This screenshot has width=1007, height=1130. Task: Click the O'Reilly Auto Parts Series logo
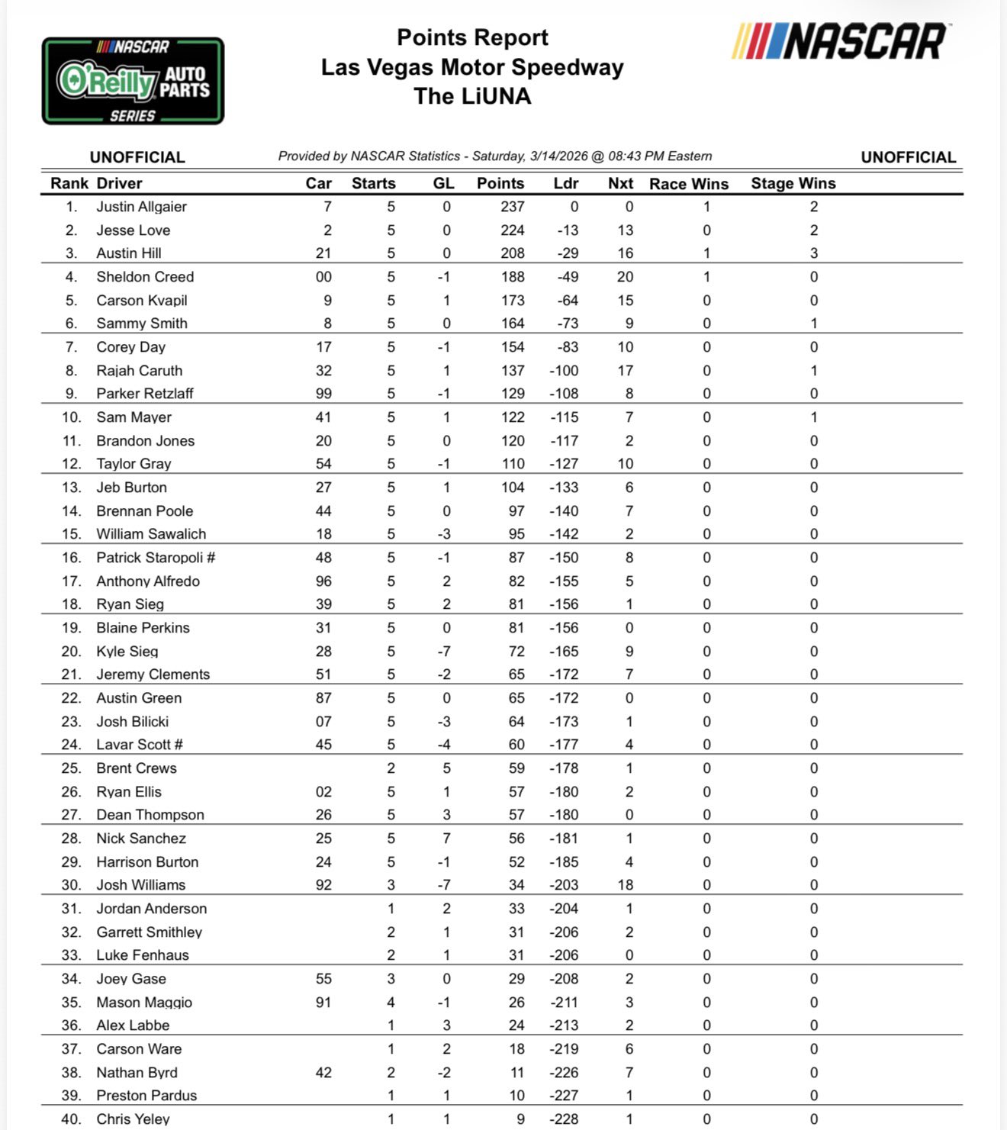133,81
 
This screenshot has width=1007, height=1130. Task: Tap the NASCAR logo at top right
839,41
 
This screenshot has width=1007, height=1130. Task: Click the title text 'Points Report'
472,37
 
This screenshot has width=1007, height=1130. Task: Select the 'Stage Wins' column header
793,183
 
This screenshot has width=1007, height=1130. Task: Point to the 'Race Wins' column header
688,184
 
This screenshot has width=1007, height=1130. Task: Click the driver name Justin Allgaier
141,207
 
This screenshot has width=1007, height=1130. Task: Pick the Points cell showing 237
512,207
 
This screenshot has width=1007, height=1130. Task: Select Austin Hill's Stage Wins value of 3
813,253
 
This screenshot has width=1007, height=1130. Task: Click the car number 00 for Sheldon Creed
323,277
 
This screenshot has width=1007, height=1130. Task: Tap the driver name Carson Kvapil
141,301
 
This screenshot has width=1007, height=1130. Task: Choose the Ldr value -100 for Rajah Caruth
564,371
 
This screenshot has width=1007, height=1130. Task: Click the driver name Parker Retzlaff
144,394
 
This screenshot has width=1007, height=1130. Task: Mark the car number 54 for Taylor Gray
323,464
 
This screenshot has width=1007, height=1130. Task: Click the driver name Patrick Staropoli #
155,558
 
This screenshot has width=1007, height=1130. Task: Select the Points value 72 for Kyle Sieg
516,652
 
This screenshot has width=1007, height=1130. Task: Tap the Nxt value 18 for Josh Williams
625,885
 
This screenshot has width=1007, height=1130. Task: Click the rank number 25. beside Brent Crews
71,768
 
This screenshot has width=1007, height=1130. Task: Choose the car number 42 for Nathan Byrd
323,1073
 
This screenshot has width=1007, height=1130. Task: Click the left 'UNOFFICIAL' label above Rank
137,157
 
